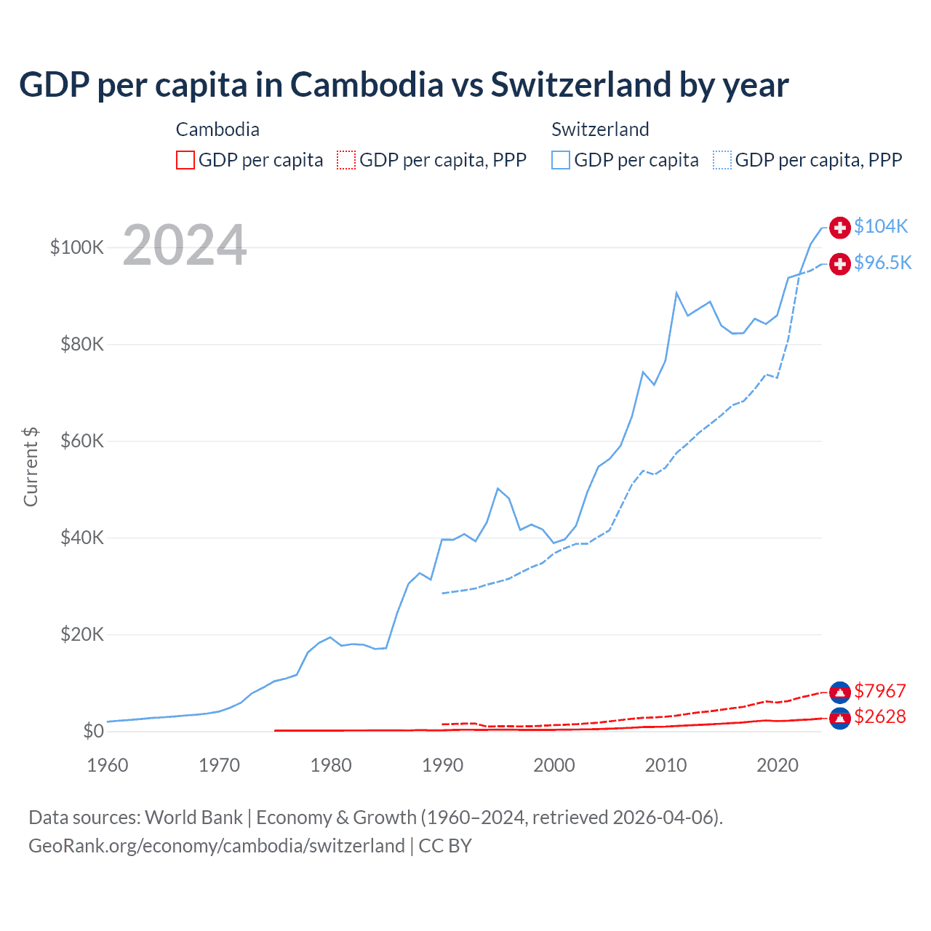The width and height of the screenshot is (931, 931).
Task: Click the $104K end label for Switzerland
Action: [881, 227]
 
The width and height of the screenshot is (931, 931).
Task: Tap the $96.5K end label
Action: [882, 263]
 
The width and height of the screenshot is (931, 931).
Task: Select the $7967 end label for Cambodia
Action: [880, 691]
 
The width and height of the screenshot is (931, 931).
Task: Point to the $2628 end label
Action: [880, 717]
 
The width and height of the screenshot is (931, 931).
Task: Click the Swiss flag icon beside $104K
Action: [840, 228]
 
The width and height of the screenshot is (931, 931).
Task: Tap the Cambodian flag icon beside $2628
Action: [840, 719]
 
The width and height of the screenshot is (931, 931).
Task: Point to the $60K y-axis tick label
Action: [82, 441]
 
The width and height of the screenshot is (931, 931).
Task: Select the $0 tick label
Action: [93, 731]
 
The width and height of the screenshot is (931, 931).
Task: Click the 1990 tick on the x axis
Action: [442, 765]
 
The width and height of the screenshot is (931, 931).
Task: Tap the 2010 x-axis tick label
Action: [666, 765]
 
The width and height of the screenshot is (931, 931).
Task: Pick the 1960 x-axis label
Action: [108, 765]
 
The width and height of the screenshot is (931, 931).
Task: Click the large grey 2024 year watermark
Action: [185, 245]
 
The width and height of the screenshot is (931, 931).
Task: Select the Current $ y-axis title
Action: [31, 466]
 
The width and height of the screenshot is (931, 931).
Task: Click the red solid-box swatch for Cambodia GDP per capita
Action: [185, 160]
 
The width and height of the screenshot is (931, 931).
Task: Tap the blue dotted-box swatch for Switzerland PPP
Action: [722, 160]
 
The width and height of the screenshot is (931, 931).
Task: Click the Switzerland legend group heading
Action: [600, 129]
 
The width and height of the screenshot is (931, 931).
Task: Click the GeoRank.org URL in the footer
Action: [216, 846]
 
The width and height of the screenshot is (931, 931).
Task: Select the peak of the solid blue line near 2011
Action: [676, 293]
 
